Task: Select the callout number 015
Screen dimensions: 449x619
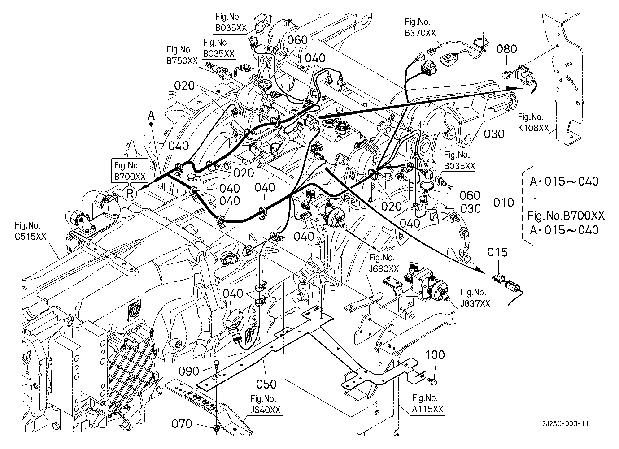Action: [497, 253]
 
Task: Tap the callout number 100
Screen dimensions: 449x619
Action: [435, 355]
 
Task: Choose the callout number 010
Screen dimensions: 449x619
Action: [503, 203]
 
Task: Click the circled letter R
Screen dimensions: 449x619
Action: [129, 194]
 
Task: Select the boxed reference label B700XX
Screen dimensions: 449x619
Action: [130, 177]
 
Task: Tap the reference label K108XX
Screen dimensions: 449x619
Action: [534, 129]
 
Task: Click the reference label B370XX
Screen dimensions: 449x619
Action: [420, 33]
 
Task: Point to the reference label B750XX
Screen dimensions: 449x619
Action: [182, 61]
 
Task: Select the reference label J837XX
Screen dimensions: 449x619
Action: [475, 304]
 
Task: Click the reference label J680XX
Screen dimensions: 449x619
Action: [383, 269]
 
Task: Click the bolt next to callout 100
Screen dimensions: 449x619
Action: [433, 381]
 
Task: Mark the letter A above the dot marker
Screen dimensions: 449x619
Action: [152, 116]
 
